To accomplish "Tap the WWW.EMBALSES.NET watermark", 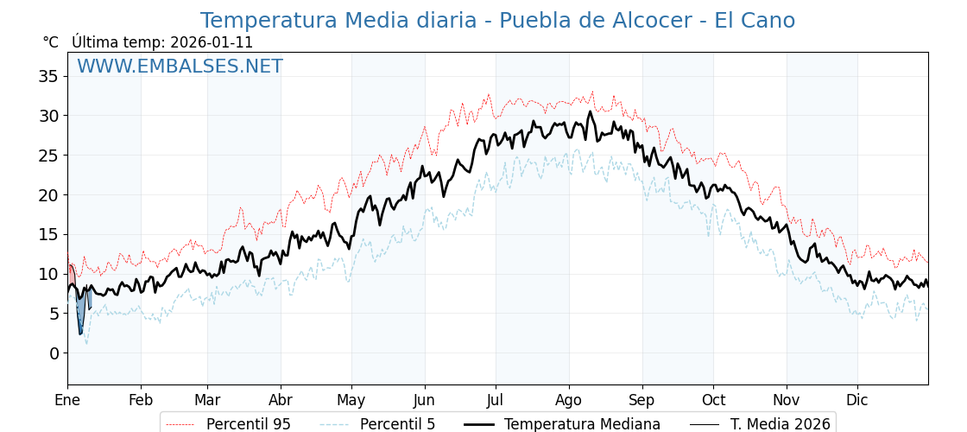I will tap(180, 67).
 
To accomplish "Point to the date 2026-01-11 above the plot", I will tap(212, 42).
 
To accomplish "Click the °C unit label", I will tap(50, 42).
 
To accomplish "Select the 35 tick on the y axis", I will tap(48, 76).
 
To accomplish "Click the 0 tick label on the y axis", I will tap(54, 353).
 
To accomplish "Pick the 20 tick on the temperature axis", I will tap(48, 195).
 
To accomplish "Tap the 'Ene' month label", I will tap(67, 400).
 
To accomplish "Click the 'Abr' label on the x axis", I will tap(281, 400).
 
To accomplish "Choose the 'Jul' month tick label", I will tap(496, 400).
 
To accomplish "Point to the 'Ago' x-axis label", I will tap(569, 400).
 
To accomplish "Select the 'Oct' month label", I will tap(713, 400).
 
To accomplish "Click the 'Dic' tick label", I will tap(857, 400).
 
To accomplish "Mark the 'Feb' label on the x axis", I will tap(141, 400).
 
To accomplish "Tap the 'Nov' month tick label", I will tap(787, 400).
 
